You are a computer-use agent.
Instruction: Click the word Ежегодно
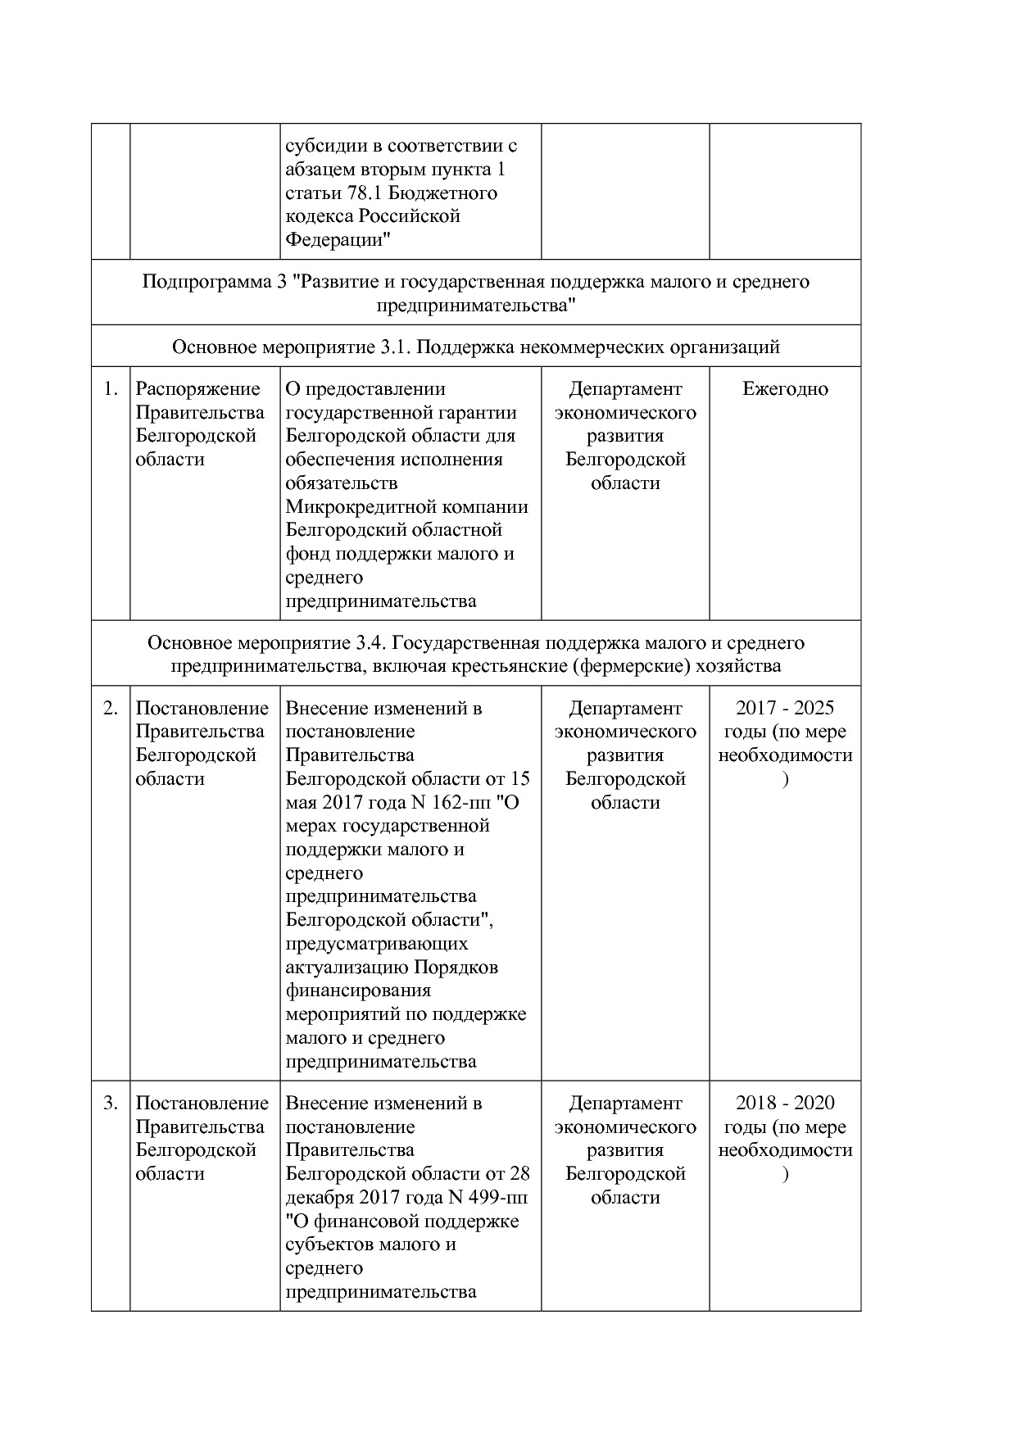[x=785, y=389]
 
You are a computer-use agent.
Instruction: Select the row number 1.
[x=111, y=389]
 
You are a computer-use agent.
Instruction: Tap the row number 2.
[x=111, y=709]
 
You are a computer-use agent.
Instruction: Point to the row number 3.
[x=111, y=1104]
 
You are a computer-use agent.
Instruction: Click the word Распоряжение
[x=197, y=389]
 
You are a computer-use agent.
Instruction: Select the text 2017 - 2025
[x=785, y=709]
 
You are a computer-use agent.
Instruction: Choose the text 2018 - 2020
[x=785, y=1104]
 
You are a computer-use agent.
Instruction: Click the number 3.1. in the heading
[x=397, y=347]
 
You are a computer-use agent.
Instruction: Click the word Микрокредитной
[x=355, y=507]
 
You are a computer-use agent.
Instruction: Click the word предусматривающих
[x=377, y=944]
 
